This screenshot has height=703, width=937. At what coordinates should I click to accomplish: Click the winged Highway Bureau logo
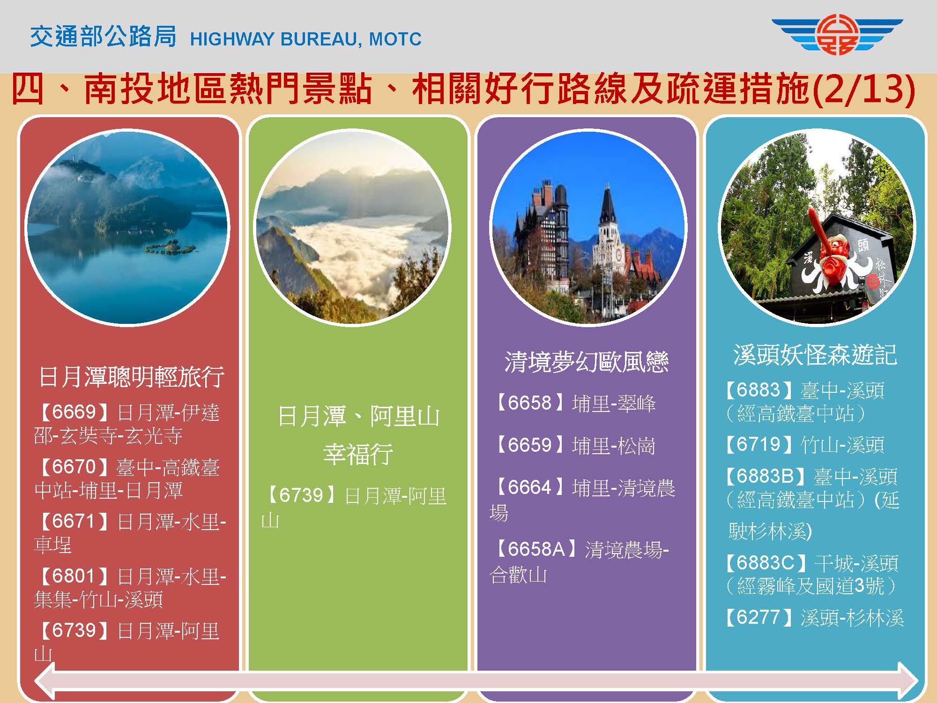coord(837,35)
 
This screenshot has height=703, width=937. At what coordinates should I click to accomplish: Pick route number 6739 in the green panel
coord(301,495)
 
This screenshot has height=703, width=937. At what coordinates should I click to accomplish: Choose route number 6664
coord(529,487)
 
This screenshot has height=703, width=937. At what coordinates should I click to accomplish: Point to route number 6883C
coord(765,563)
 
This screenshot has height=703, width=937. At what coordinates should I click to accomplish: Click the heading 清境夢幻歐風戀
coord(586,362)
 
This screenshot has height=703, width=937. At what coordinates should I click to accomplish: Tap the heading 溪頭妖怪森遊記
coord(815,355)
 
